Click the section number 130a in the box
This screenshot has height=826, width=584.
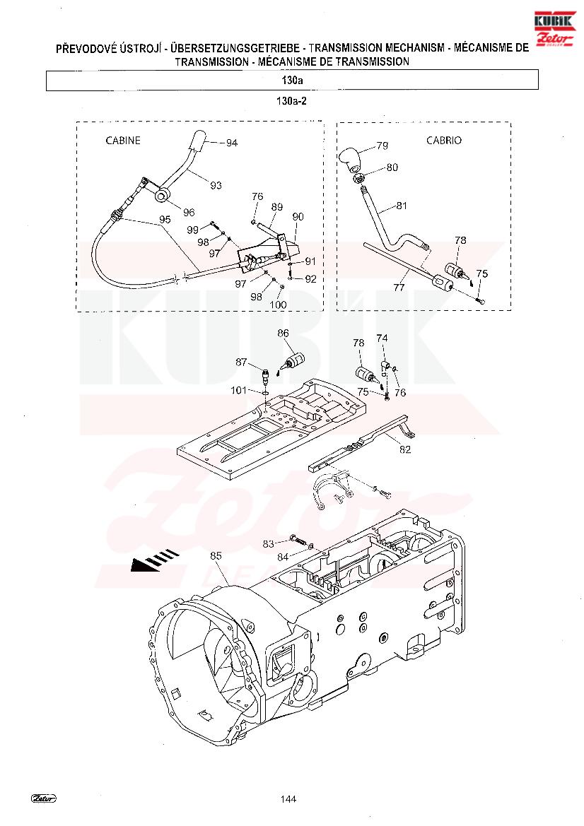click(x=292, y=81)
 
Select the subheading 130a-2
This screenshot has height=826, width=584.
click(x=291, y=101)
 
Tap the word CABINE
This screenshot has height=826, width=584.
click(x=123, y=141)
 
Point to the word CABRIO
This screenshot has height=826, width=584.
click(x=444, y=140)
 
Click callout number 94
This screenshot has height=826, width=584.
click(x=231, y=143)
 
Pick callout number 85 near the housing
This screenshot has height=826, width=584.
click(x=216, y=556)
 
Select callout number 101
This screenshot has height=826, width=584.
click(x=239, y=390)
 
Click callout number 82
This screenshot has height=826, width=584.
click(x=405, y=449)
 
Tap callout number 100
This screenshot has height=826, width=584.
click(x=278, y=305)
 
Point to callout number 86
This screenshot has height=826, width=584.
click(x=283, y=333)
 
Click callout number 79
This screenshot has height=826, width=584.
click(x=382, y=146)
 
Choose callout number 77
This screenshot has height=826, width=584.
click(x=399, y=288)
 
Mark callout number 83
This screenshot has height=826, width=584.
click(x=268, y=544)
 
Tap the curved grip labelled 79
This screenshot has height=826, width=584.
click(x=349, y=158)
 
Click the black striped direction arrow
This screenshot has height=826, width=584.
click(x=155, y=560)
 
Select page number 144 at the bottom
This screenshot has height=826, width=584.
click(x=288, y=799)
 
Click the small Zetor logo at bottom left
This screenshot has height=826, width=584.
click(x=43, y=798)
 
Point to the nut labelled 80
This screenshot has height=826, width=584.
click(x=358, y=179)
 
